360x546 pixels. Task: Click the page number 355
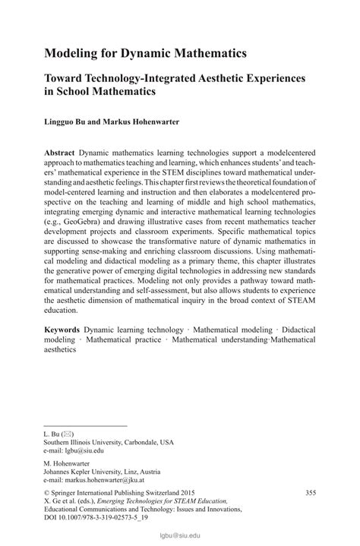coord(311,492)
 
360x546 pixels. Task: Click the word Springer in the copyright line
coord(69,493)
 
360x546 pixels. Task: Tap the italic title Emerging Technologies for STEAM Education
coord(174,502)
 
